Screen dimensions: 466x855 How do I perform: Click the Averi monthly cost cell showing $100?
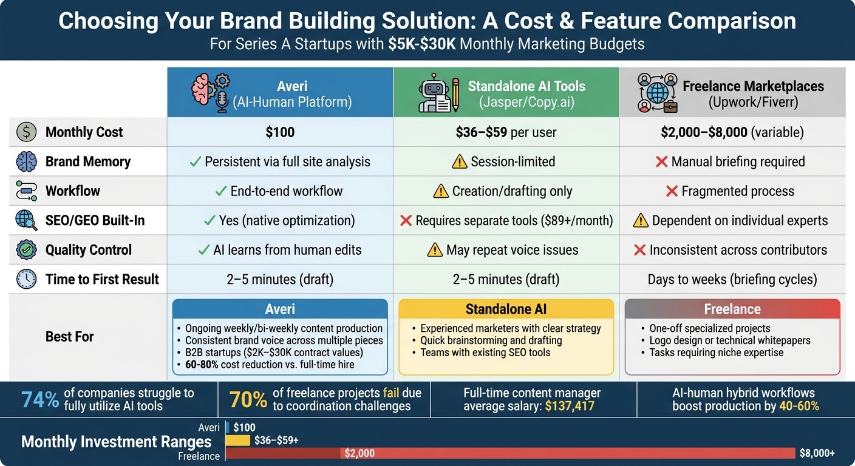point(280,132)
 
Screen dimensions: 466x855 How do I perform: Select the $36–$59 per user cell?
point(506,132)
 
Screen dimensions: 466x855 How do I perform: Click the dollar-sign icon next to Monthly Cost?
point(27,132)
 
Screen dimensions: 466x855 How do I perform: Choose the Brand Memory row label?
point(87,161)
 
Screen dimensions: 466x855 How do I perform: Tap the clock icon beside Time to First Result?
point(27,279)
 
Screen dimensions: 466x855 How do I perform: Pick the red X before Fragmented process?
point(672,191)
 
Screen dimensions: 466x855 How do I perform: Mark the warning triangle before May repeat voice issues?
point(435,250)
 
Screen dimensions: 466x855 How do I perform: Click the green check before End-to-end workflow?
point(221,191)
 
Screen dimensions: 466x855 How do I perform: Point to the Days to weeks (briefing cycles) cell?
point(732,279)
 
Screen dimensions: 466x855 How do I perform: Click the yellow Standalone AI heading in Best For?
point(506,309)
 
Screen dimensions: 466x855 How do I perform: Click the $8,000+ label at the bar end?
point(817,453)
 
